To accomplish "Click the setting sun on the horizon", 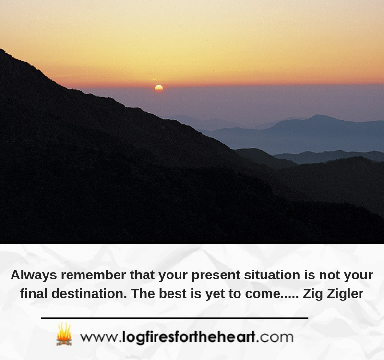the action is pos(159,88).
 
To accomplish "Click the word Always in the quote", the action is pos(34,275).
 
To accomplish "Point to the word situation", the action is pos(272,275).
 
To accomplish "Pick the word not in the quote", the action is pos(329,275).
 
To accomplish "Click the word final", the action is pos(34,293).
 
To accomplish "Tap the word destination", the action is pos(89,293).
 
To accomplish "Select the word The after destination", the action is pos(143,293).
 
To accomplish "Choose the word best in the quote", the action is pos(173,293).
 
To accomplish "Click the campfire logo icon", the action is pos(64,334).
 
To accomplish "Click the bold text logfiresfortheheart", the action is pos(189,337).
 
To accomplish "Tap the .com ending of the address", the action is pos(275,337).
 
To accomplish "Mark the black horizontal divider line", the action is pos(175,318).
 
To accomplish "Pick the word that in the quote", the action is pos(142,275).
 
